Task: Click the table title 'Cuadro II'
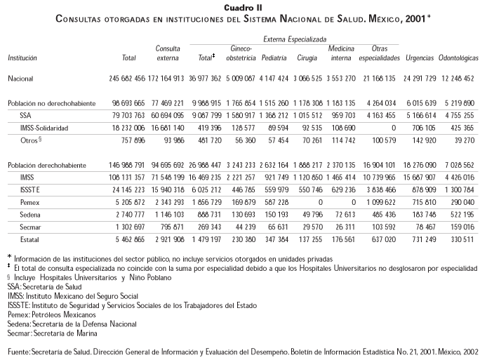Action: click(243, 6)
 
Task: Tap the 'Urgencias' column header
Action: click(420, 55)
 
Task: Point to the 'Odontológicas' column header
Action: click(458, 55)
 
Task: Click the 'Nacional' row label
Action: click(20, 79)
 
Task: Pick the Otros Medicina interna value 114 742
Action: click(342, 139)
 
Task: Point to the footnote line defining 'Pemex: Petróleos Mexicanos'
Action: click(51, 315)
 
